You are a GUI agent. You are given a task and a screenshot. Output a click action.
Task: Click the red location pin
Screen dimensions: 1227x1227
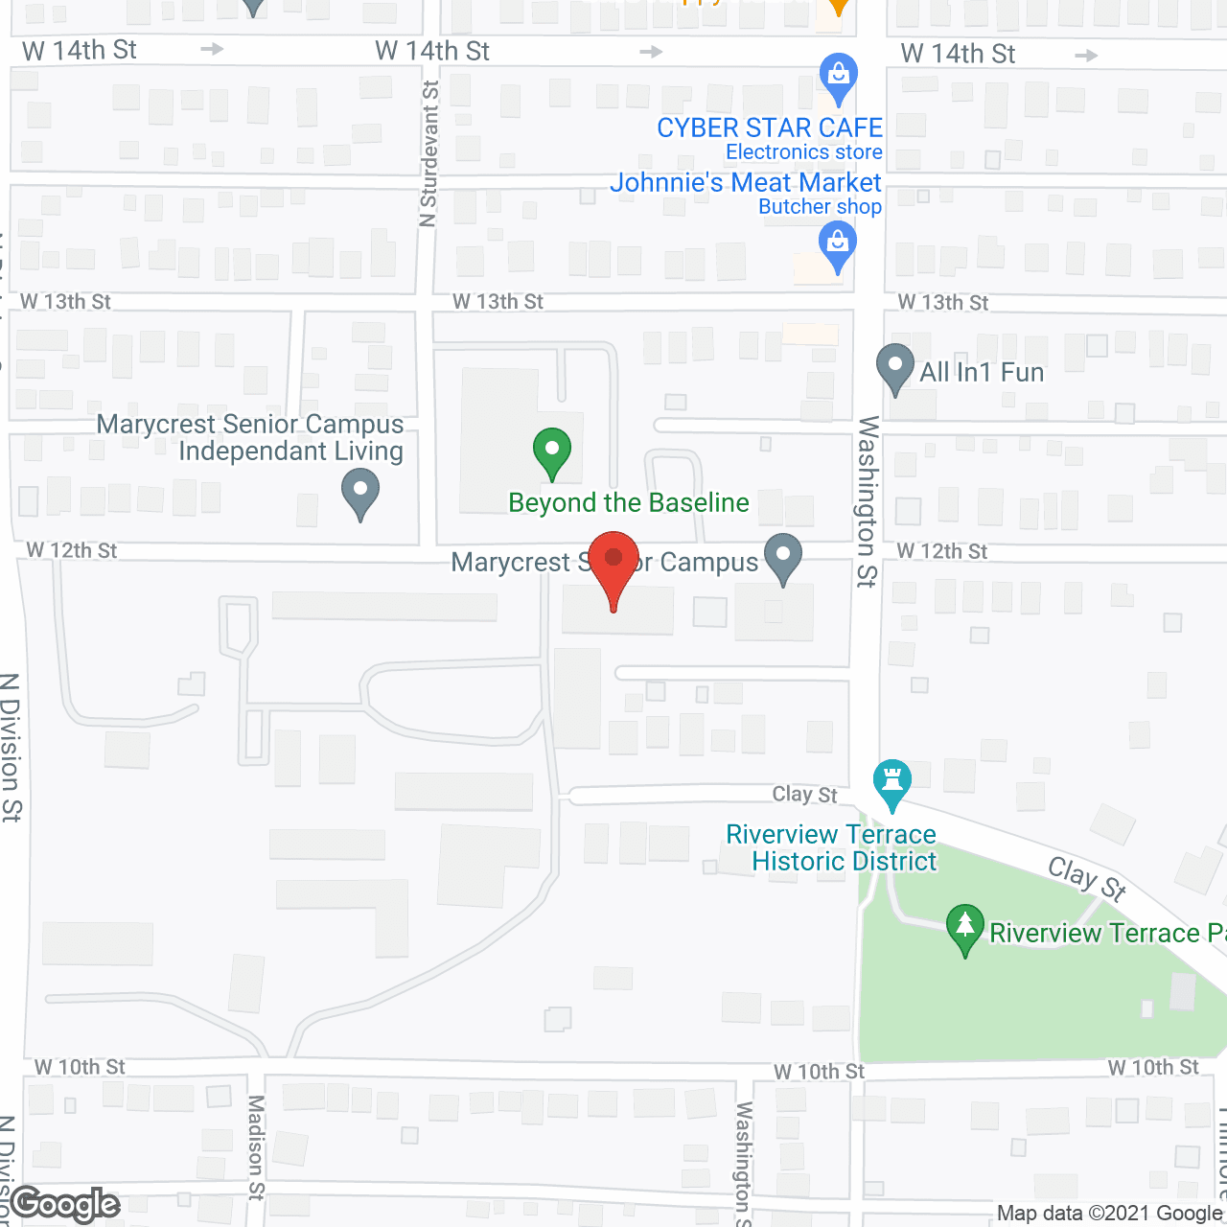(x=613, y=566)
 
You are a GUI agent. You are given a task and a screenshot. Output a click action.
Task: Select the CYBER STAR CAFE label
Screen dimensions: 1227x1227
(x=769, y=127)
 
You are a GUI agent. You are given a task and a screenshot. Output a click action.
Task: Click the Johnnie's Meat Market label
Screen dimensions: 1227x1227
(x=745, y=182)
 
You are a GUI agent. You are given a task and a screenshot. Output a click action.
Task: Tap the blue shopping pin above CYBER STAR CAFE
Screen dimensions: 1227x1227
(x=839, y=77)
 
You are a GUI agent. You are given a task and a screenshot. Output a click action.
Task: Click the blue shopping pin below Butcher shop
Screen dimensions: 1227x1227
(x=838, y=245)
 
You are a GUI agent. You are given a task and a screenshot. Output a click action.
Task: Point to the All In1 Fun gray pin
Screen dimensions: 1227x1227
(x=895, y=368)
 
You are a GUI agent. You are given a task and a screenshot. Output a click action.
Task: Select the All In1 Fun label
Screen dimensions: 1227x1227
(x=982, y=372)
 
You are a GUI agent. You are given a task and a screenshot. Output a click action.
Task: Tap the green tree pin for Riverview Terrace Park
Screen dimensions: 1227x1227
(x=964, y=928)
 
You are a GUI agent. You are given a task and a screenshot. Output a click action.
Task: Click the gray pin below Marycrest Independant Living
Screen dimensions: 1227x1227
(x=360, y=492)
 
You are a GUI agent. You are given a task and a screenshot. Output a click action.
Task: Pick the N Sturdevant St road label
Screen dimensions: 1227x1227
(x=428, y=153)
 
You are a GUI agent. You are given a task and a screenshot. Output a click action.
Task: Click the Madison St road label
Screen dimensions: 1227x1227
(x=256, y=1147)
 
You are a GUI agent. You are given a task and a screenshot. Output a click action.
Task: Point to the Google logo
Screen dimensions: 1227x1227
(x=65, y=1204)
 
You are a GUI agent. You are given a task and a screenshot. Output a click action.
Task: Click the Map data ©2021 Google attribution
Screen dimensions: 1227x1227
(x=1110, y=1214)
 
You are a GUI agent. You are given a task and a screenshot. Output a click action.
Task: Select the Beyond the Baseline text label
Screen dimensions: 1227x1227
(x=629, y=502)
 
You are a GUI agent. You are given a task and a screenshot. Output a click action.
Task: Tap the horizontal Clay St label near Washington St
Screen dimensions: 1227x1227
(x=805, y=794)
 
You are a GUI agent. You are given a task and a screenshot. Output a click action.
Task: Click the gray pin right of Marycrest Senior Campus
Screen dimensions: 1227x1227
(x=784, y=557)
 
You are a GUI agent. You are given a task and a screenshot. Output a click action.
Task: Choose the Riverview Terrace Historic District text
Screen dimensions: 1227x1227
(x=831, y=847)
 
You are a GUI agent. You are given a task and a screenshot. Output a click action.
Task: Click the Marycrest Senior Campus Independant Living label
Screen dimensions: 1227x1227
(x=251, y=437)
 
